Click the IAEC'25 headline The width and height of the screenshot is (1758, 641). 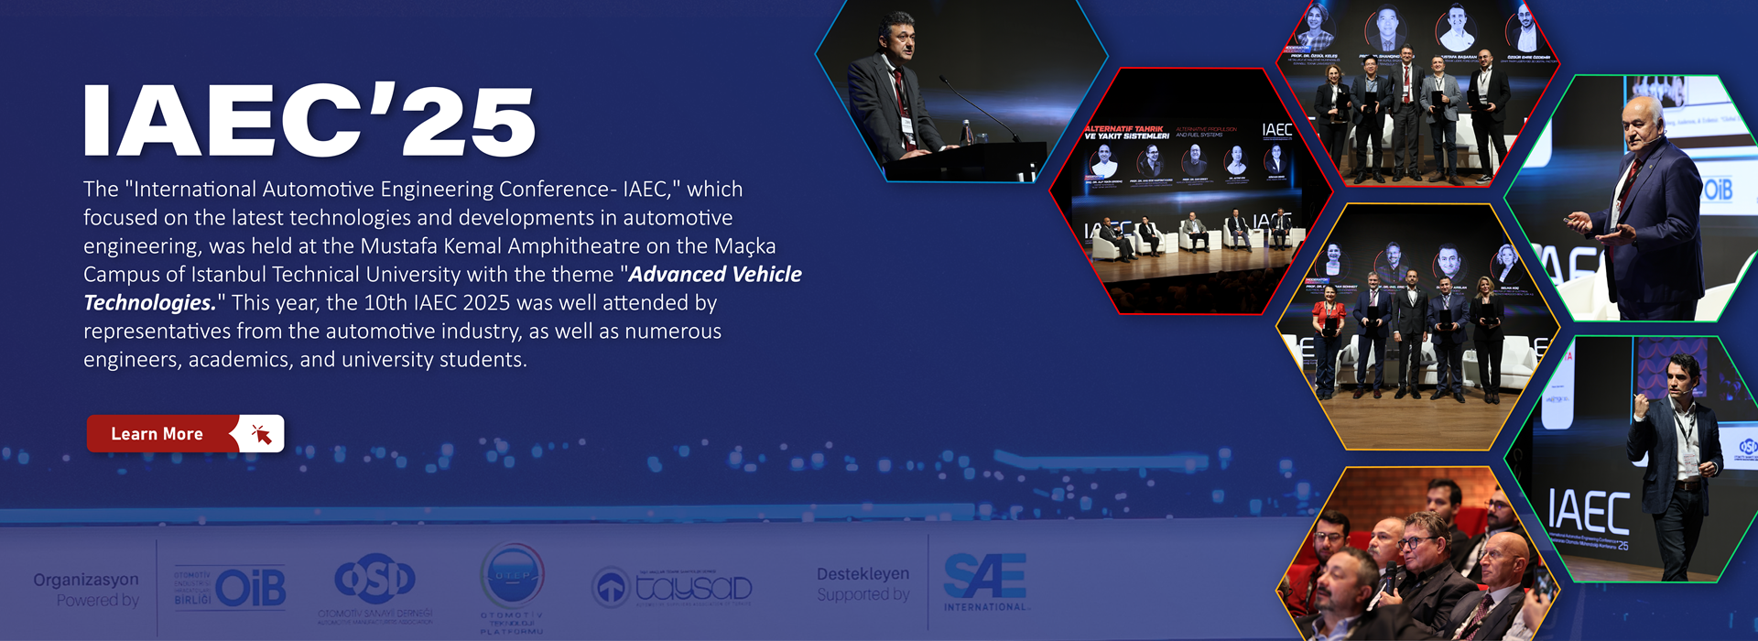point(309,122)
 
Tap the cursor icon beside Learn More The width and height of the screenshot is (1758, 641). point(261,434)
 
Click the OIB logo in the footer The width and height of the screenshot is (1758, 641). point(231,588)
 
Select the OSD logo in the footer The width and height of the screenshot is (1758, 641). point(374,580)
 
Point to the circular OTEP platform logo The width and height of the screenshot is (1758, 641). point(513,577)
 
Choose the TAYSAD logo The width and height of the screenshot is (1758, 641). point(672,587)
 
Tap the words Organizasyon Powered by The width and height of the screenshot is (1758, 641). point(86,590)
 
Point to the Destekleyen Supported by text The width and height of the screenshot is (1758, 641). point(863,584)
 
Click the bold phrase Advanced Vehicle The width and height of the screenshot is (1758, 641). point(715,274)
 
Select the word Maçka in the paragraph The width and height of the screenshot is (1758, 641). point(744,245)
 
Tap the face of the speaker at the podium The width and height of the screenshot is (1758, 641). point(896,39)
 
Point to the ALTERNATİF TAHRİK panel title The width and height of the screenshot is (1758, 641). point(1126,132)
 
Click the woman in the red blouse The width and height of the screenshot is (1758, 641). point(1328,320)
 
